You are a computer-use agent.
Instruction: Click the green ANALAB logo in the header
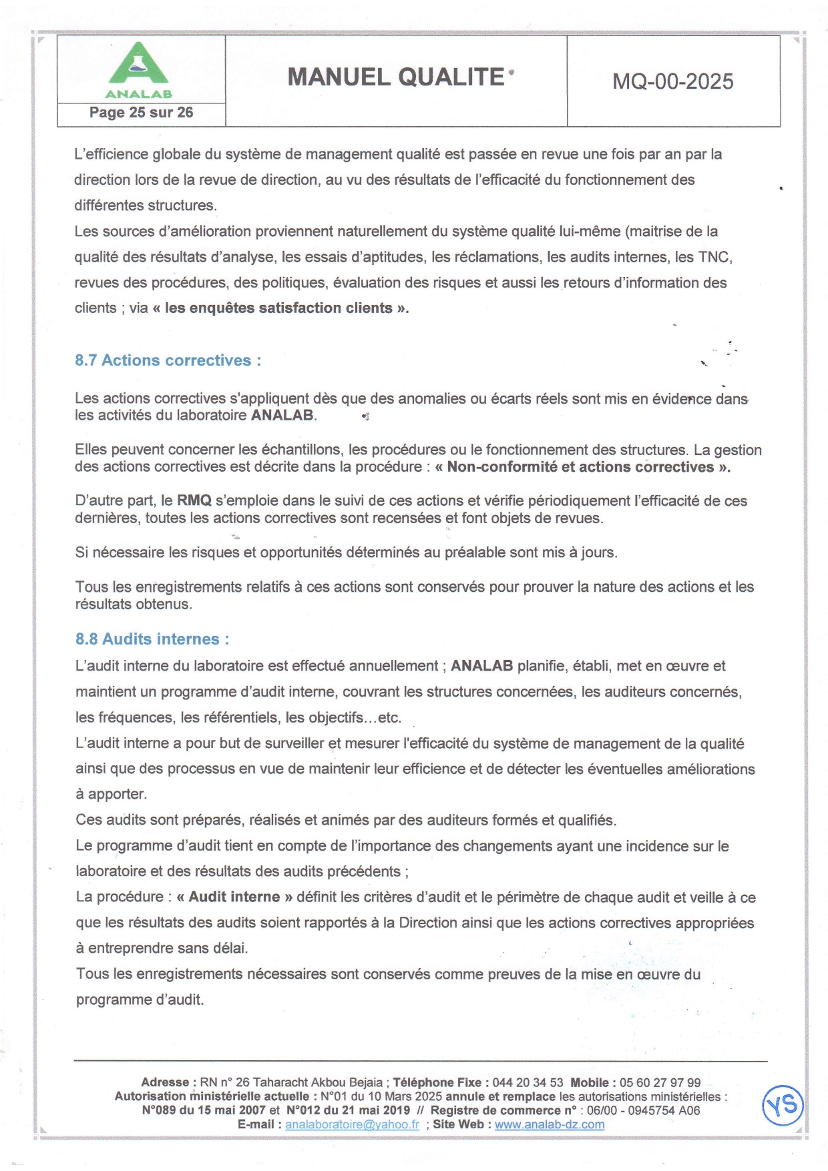[139, 69]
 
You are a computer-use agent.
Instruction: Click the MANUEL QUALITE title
[396, 77]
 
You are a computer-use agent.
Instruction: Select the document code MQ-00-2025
[673, 81]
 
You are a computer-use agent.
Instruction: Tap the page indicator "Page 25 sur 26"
[141, 113]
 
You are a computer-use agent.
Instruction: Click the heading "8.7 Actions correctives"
[168, 360]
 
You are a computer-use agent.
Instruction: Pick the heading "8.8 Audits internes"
[152, 639]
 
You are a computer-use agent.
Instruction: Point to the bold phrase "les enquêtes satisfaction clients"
[280, 308]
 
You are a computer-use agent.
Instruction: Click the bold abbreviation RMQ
[194, 501]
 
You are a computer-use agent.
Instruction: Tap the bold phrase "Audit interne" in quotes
[234, 897]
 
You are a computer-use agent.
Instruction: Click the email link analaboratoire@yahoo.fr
[352, 1125]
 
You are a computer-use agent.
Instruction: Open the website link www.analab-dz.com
[550, 1125]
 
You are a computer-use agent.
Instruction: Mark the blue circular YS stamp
[783, 1106]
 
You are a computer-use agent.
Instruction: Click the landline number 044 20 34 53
[528, 1083]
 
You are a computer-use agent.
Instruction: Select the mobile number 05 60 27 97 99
[660, 1083]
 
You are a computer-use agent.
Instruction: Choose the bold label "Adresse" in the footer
[165, 1083]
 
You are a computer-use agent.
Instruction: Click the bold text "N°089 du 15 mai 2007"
[204, 1111]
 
